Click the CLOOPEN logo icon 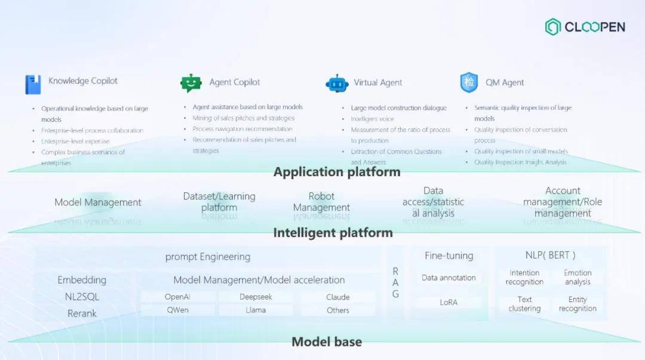click(x=553, y=27)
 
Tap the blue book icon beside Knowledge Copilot click(x=33, y=84)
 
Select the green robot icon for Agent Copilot click(x=191, y=83)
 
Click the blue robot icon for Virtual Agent click(x=337, y=84)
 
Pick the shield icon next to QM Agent click(x=469, y=82)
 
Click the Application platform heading click(x=337, y=173)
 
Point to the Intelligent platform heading click(x=333, y=233)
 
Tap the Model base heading click(x=326, y=342)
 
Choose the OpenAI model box click(x=177, y=297)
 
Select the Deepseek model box click(x=256, y=297)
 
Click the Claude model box click(x=338, y=297)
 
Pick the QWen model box click(x=177, y=310)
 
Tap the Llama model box click(x=256, y=310)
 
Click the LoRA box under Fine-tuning click(x=449, y=302)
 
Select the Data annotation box click(x=449, y=278)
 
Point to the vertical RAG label click(x=395, y=282)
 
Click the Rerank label click(x=82, y=313)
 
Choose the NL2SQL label click(x=82, y=297)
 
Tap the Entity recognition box click(x=578, y=304)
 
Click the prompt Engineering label click(x=208, y=257)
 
